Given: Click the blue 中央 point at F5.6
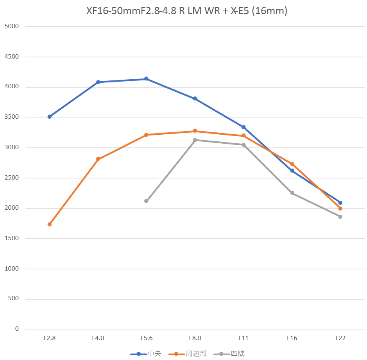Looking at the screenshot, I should click(146, 79).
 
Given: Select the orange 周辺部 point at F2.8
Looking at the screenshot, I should click(49, 225).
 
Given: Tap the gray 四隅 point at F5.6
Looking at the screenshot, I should click(146, 201).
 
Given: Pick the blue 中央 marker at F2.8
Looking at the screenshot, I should click(49, 117).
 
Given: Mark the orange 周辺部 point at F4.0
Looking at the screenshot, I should click(98, 159).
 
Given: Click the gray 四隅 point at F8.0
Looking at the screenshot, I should click(195, 140).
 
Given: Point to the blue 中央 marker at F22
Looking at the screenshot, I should click(340, 203).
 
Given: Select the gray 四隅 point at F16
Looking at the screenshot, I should click(292, 193).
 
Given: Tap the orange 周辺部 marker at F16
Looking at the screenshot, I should click(292, 164).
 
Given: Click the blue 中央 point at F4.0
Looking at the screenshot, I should click(98, 82).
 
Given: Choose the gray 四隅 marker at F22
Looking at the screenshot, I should click(340, 217).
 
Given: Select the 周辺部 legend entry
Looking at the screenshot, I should click(188, 354).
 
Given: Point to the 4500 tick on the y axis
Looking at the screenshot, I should click(12, 57).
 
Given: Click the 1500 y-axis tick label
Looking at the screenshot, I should click(12, 239).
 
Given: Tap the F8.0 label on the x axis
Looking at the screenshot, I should click(195, 338).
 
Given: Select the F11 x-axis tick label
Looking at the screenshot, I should click(243, 338).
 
